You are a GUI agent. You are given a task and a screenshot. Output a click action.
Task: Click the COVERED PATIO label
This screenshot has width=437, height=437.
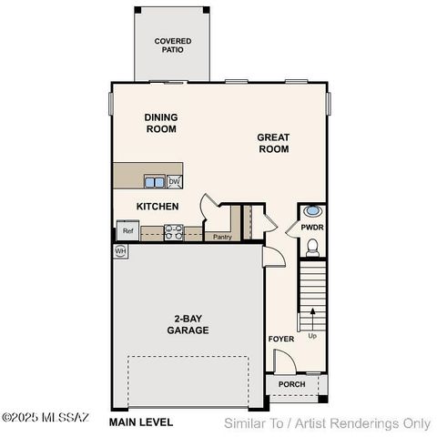click(x=172, y=46)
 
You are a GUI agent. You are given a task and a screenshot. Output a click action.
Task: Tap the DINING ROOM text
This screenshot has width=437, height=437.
click(x=160, y=123)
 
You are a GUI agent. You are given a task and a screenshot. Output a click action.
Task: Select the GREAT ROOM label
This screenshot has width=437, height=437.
click(x=273, y=143)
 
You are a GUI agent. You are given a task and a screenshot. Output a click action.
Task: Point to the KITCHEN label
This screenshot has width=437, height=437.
click(x=158, y=207)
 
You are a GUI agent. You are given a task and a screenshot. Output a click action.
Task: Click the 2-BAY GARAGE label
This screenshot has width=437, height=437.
click(x=190, y=324)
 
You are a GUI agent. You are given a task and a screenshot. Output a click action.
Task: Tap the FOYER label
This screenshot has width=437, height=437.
click(x=280, y=339)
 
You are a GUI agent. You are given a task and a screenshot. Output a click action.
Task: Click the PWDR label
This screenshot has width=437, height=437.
click(x=311, y=229)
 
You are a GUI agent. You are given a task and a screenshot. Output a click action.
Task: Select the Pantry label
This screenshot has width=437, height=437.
click(x=222, y=237)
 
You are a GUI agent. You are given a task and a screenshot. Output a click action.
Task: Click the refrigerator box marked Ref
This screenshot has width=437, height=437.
click(x=128, y=231)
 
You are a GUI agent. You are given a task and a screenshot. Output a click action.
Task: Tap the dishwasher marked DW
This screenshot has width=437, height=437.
click(x=174, y=181)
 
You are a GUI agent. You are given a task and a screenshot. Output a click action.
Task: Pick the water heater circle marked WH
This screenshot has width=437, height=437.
click(x=120, y=250)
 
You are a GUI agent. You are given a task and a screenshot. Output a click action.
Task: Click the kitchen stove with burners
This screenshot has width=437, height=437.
click(x=172, y=231)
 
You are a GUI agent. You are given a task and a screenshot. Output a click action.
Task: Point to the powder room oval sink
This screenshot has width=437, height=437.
click(x=311, y=209)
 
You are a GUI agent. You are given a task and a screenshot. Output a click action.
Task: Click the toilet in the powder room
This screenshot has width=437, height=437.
click(x=312, y=246)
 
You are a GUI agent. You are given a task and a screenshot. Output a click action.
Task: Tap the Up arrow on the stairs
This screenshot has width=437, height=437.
click(x=312, y=320)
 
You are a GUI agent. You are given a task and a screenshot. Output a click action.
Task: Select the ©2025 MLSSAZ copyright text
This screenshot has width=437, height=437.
click(x=45, y=418)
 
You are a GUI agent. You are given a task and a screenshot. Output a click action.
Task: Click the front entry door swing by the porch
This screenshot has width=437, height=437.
click(x=286, y=363)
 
